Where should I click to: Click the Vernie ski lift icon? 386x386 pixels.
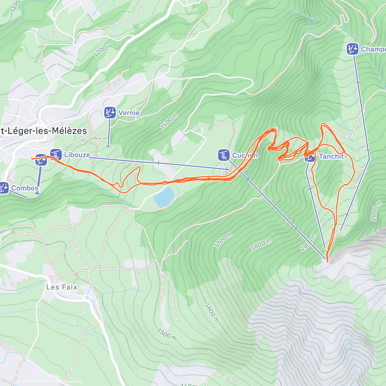[x=110, y=113]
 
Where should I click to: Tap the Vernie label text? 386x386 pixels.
[x=129, y=113]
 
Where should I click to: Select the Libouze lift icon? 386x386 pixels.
[x=56, y=154]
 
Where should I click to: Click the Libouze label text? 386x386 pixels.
[x=77, y=155]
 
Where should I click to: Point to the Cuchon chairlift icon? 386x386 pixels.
[x=224, y=155]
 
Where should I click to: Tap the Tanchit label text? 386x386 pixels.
[x=331, y=156]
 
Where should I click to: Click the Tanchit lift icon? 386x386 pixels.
[x=310, y=157]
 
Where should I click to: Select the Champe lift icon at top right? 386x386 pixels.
[x=353, y=49]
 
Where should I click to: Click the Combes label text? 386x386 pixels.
[x=25, y=188]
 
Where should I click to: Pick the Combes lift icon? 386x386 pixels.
[x=4, y=188]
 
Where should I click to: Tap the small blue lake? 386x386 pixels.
[x=164, y=197]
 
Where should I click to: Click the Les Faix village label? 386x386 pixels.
[x=62, y=287]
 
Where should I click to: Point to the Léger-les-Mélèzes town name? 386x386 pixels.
[x=43, y=131]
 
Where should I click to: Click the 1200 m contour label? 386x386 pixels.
[x=103, y=51]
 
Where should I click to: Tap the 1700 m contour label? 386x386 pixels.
[x=223, y=241]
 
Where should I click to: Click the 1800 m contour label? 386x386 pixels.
[x=261, y=244]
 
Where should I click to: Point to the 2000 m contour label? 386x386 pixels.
[x=376, y=211]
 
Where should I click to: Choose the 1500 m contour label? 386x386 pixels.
[x=167, y=334]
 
